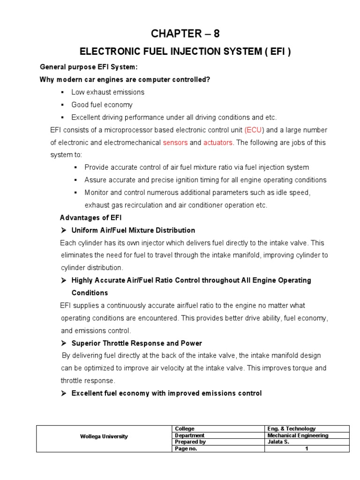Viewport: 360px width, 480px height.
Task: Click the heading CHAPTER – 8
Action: tap(185, 33)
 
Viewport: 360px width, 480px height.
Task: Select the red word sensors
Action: tap(175, 142)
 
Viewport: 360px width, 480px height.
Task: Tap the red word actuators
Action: tap(217, 142)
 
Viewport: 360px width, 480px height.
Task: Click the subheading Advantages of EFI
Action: tap(91, 217)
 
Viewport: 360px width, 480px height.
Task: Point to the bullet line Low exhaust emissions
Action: tap(108, 92)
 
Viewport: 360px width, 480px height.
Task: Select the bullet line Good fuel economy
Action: tap(102, 105)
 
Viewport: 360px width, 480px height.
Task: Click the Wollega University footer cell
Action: tap(104, 436)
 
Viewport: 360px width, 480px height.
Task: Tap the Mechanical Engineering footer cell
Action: tap(298, 435)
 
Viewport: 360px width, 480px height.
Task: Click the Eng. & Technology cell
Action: tap(291, 428)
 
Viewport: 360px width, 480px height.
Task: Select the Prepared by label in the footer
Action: tap(190, 442)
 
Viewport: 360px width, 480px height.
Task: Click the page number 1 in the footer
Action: tap(307, 449)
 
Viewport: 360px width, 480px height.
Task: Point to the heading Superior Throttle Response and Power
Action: tap(136, 343)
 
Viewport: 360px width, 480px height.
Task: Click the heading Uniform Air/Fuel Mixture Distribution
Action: tap(133, 230)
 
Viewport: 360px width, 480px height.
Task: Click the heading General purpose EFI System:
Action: tap(89, 67)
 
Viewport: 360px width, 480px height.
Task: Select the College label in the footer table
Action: tap(185, 428)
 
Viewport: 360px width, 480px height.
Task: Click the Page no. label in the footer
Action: tap(186, 449)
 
